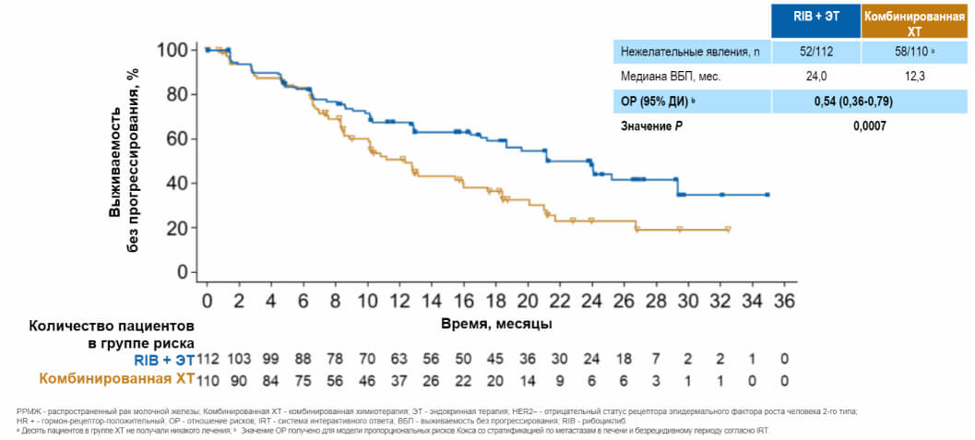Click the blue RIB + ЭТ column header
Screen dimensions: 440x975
pyautogui.click(x=815, y=18)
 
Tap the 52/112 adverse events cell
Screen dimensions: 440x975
pyautogui.click(x=816, y=52)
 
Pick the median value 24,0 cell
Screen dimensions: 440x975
pyautogui.click(x=816, y=77)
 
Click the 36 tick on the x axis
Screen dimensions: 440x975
pyautogui.click(x=784, y=302)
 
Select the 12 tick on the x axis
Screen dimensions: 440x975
pyautogui.click(x=399, y=302)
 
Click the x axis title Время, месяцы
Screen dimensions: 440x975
pyautogui.click(x=496, y=324)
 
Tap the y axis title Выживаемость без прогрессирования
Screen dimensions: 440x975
pyautogui.click(x=123, y=159)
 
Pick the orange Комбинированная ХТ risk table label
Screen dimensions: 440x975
pyautogui.click(x=115, y=378)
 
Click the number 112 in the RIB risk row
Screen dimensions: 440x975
pyautogui.click(x=208, y=359)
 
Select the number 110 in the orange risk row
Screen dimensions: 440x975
pyautogui.click(x=208, y=378)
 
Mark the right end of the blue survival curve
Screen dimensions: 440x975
pyautogui.click(x=767, y=195)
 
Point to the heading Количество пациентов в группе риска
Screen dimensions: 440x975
pyautogui.click(x=111, y=334)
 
